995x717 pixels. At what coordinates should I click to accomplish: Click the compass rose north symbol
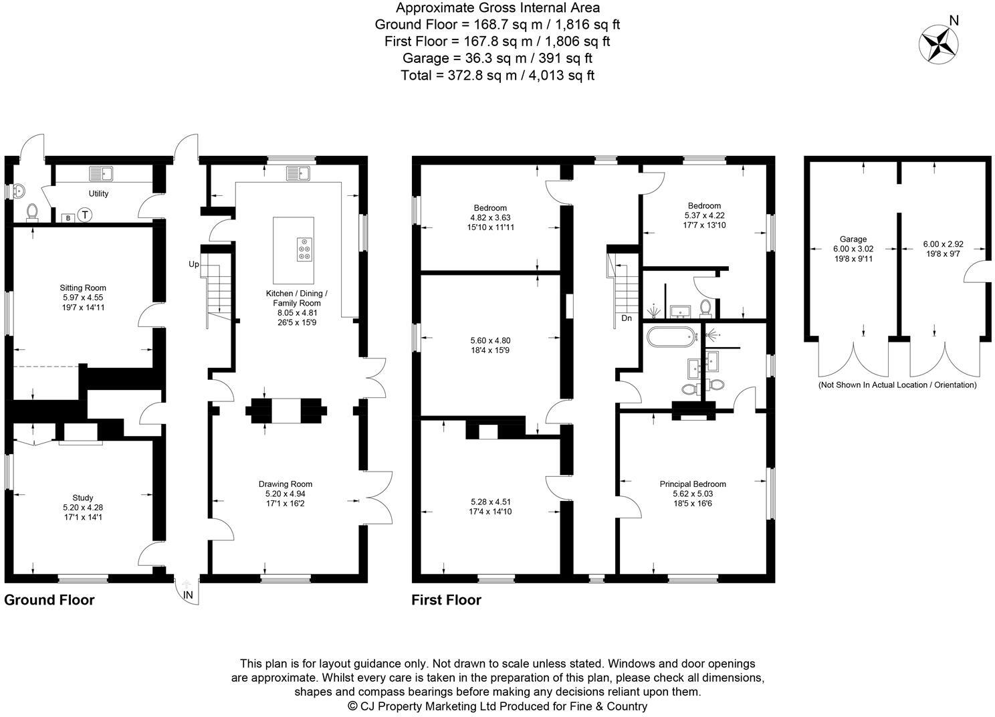tap(938, 43)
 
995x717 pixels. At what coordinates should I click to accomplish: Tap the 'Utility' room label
tap(98, 194)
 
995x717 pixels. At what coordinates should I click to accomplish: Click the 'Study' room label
tap(83, 498)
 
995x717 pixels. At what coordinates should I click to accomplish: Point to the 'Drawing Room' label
tap(286, 484)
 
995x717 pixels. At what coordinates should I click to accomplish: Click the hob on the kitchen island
tap(304, 248)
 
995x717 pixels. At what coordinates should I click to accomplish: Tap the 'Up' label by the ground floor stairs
tap(194, 264)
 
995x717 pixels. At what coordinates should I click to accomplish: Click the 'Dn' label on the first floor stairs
tap(627, 318)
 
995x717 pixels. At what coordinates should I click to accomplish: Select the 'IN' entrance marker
tap(188, 594)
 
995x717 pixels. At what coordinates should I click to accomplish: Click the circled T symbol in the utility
tap(85, 215)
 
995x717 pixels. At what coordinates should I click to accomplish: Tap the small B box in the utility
tap(68, 217)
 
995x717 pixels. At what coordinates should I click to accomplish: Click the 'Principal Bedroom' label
tap(693, 484)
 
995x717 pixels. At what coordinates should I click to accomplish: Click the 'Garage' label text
tap(853, 239)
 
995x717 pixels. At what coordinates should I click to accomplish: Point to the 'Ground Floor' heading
tap(49, 600)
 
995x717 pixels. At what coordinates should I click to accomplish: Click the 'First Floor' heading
tap(447, 600)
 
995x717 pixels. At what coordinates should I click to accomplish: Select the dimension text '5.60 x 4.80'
tap(491, 340)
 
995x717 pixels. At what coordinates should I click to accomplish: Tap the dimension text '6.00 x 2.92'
tap(943, 245)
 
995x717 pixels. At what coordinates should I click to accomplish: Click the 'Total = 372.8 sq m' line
tap(497, 76)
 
